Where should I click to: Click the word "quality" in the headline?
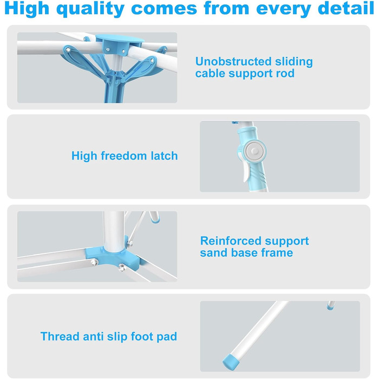[x=90, y=9]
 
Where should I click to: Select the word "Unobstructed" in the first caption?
[x=233, y=61]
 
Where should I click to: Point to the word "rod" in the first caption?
[x=285, y=73]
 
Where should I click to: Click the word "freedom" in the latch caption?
[x=124, y=156]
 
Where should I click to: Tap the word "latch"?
[x=164, y=156]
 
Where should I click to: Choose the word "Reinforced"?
[x=231, y=241]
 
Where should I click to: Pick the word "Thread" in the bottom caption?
[x=60, y=336]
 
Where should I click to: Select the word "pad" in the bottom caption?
[x=167, y=337]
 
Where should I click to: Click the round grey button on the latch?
[x=254, y=151]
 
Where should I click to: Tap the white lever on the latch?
[x=246, y=172]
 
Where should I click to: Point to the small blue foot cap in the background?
[x=330, y=308]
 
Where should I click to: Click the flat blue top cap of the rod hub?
[x=120, y=38]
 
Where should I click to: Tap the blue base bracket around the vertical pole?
[x=113, y=257]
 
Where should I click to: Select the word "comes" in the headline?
[x=164, y=9]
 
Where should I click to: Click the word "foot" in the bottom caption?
[x=142, y=336]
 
